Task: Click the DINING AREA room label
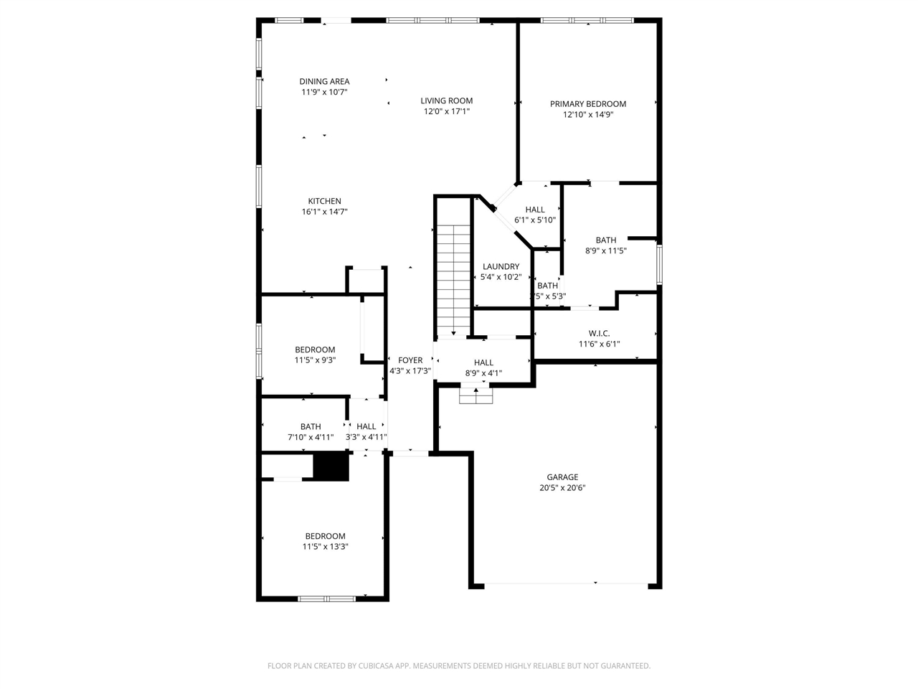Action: tap(324, 82)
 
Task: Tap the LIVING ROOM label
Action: tap(446, 101)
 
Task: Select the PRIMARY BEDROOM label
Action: tap(588, 104)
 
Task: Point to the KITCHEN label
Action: tap(325, 202)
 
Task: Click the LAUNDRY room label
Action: tap(501, 267)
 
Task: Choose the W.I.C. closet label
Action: tap(599, 334)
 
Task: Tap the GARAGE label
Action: tap(562, 477)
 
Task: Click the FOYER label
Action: tap(410, 360)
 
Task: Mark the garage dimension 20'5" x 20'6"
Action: tap(562, 488)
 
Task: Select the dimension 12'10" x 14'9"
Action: tap(588, 115)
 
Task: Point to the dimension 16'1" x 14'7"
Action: tap(325, 212)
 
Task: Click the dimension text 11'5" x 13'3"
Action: tap(325, 547)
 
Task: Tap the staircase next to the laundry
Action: tap(454, 280)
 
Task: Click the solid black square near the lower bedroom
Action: tap(331, 467)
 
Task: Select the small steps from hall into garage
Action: tap(476, 395)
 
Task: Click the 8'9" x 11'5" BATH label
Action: tap(606, 240)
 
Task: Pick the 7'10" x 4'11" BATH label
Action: tap(311, 427)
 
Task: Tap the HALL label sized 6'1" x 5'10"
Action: tap(535, 210)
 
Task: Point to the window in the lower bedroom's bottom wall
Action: tap(326, 598)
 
